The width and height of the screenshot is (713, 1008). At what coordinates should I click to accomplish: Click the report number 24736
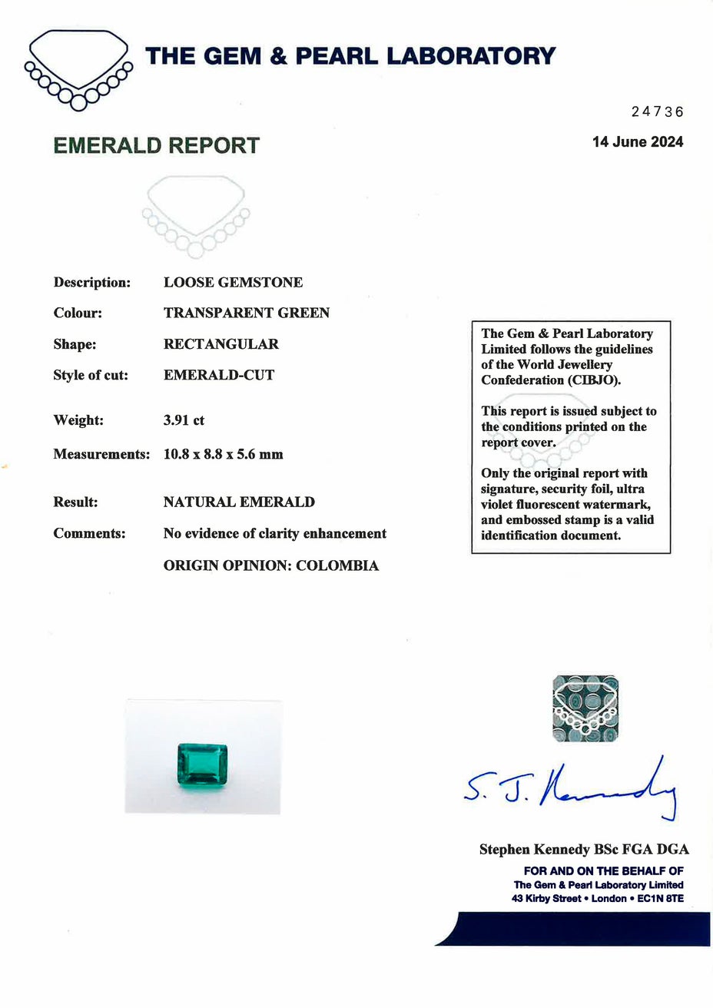(x=657, y=112)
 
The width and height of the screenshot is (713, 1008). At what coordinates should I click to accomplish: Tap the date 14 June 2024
(x=637, y=142)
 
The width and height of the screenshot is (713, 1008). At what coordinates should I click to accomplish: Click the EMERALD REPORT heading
(x=157, y=146)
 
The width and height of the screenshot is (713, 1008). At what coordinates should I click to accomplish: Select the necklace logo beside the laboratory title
(x=78, y=69)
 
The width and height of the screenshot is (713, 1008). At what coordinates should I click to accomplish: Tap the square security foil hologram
(x=586, y=709)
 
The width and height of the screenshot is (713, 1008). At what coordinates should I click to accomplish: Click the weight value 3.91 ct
(x=184, y=420)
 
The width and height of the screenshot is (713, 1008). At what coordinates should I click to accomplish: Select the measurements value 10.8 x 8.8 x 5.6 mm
(x=223, y=454)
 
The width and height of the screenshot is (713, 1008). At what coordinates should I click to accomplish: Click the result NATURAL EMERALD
(x=239, y=502)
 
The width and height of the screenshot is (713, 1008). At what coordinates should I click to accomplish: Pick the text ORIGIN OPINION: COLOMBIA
(x=271, y=566)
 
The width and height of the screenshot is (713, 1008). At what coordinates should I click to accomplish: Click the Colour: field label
(x=78, y=313)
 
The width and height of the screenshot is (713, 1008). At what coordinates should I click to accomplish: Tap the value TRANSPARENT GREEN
(x=247, y=313)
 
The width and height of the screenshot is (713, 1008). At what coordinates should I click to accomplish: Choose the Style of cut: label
(x=91, y=376)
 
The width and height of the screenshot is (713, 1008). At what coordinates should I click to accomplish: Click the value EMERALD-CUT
(x=219, y=376)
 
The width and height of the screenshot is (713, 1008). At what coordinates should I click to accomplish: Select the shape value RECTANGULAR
(x=221, y=344)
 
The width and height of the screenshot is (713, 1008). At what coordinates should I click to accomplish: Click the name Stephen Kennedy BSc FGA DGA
(x=584, y=850)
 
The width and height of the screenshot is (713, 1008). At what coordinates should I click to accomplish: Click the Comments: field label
(x=89, y=533)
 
